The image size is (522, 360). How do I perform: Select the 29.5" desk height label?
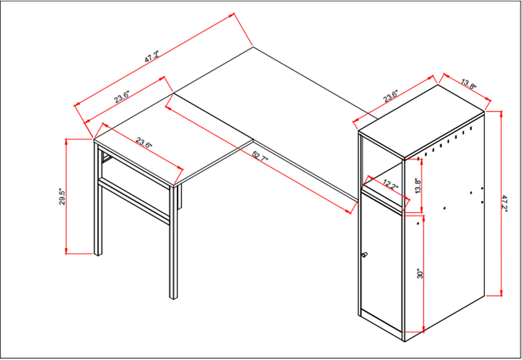tap(62, 198)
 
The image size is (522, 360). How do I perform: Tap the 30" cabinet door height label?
tap(419, 274)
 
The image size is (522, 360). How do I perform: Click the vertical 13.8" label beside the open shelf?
tap(417, 185)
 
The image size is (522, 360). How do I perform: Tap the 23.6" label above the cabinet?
tap(391, 96)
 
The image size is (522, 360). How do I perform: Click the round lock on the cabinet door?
tap(364, 256)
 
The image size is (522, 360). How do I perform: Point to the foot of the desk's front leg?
tap(173, 296)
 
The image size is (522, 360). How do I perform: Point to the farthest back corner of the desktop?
tap(254, 47)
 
